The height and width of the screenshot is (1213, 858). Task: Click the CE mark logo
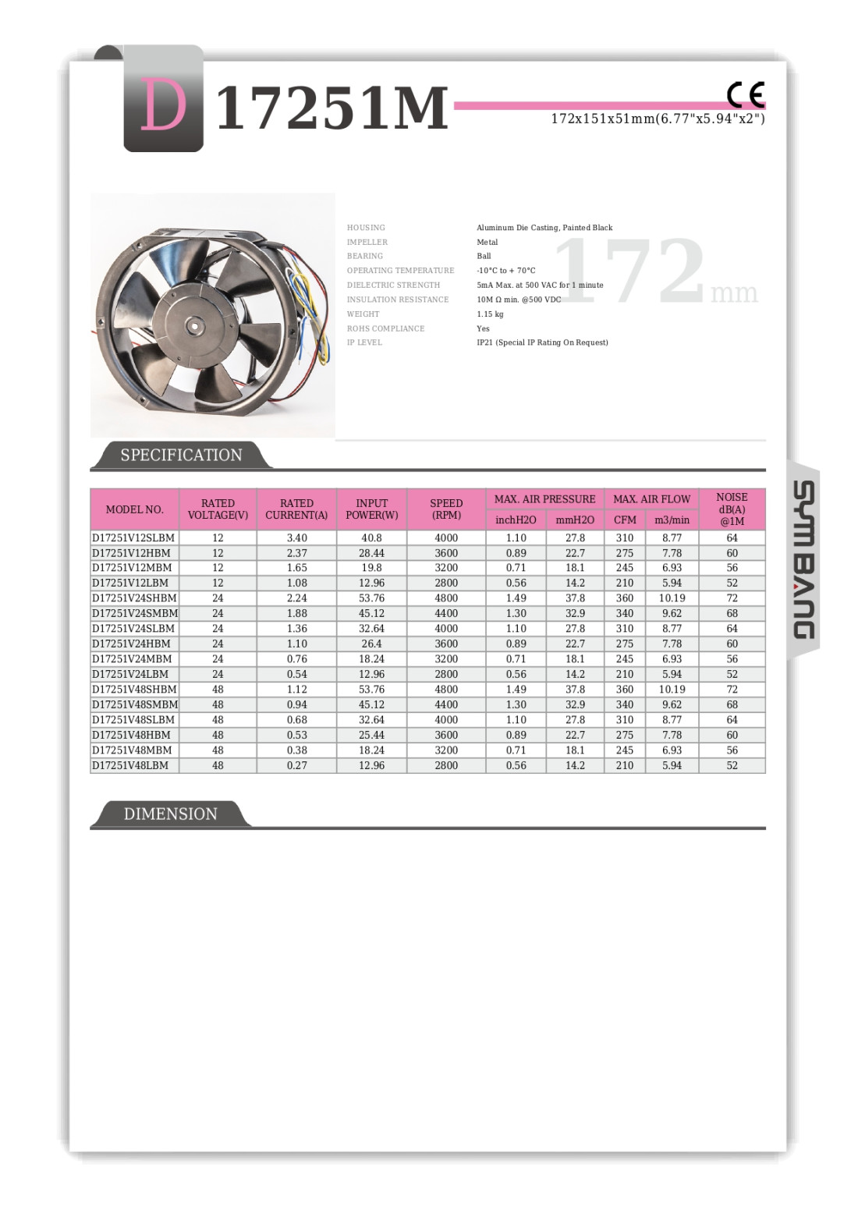click(746, 95)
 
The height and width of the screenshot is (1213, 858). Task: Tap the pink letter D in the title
click(163, 106)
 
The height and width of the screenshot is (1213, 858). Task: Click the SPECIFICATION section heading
click(181, 455)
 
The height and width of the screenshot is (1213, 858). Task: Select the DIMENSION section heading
click(170, 814)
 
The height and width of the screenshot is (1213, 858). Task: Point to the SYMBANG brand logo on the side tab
click(803, 559)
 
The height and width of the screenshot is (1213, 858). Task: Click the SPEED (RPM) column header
click(446, 509)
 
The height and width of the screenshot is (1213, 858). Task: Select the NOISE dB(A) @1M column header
click(732, 509)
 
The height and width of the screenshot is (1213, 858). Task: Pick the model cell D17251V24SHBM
click(134, 598)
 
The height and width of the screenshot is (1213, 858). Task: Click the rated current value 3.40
click(296, 537)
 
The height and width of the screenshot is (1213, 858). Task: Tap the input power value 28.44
click(371, 553)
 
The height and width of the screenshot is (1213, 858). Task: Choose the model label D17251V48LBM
click(130, 765)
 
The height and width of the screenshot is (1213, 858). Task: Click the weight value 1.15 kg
click(490, 314)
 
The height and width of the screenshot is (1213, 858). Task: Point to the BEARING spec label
click(365, 256)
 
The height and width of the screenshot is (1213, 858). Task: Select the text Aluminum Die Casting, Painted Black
click(544, 228)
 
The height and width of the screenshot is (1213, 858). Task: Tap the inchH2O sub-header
click(516, 520)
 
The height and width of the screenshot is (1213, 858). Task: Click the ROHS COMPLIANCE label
click(385, 328)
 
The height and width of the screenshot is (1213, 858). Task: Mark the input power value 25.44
click(371, 735)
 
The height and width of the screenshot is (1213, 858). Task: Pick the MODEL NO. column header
click(135, 509)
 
